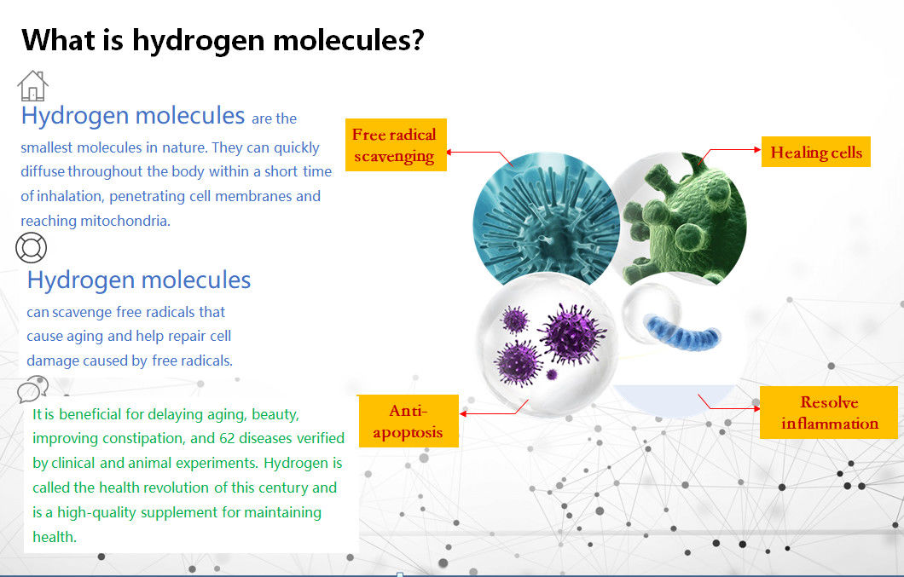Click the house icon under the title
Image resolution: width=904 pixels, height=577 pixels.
33,86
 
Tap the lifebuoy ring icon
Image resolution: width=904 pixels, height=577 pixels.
32,248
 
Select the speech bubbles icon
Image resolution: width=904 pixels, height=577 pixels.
33,389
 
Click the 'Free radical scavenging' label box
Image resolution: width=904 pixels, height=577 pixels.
396,145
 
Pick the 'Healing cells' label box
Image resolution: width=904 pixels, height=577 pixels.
816,152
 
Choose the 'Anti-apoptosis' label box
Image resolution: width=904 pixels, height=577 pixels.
409,421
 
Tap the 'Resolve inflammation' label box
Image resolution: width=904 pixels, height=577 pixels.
828,413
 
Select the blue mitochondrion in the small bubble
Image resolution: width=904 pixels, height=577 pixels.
682,332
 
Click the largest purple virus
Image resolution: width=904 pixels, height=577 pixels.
572,334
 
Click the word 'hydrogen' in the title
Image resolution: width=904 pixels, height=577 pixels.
198,41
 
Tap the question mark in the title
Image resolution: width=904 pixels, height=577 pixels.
417,39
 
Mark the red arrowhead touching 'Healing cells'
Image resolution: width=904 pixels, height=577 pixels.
757,150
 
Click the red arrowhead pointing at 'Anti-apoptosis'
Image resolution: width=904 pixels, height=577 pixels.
463,413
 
